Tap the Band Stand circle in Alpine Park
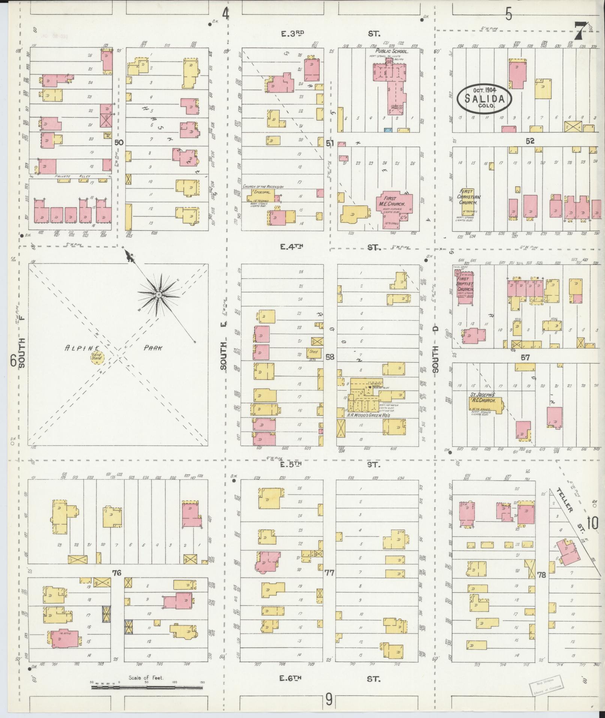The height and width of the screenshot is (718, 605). click(97, 357)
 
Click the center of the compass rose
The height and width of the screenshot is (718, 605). click(159, 295)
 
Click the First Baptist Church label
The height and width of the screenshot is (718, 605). click(465, 286)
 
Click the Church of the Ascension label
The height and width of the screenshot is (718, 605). click(263, 187)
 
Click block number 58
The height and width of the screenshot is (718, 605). click(330, 357)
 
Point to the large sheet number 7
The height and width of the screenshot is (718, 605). click(581, 30)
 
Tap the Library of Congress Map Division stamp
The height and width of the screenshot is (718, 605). click(547, 684)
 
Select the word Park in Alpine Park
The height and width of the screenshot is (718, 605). click(153, 348)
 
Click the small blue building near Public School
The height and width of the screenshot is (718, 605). click(388, 130)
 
